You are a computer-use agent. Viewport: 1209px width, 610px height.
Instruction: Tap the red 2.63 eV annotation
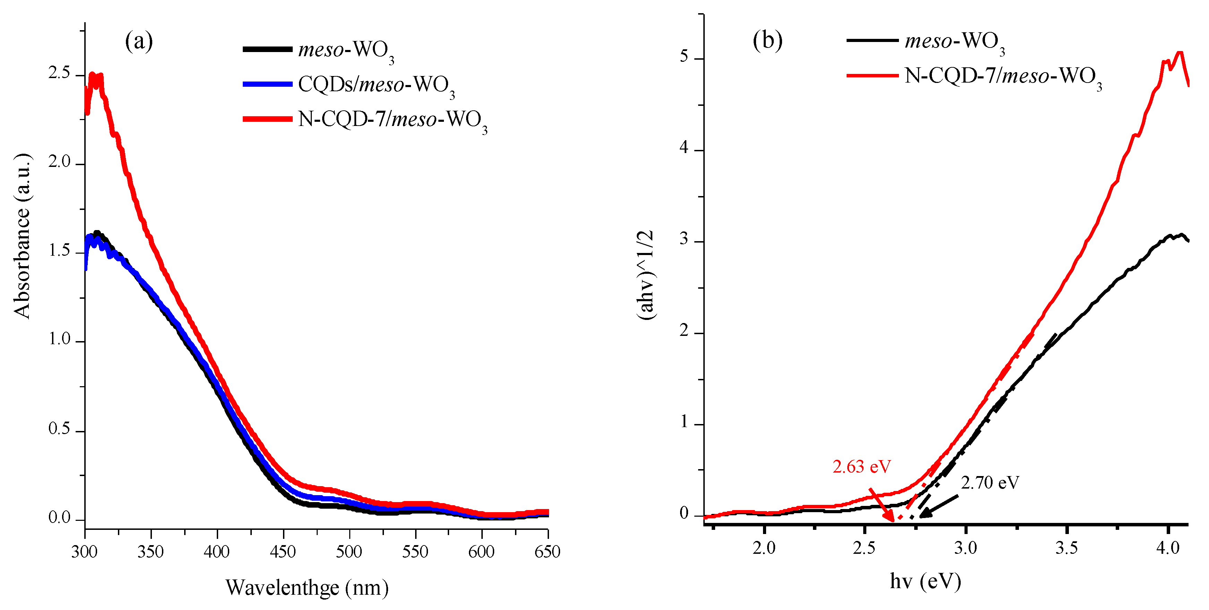click(862, 466)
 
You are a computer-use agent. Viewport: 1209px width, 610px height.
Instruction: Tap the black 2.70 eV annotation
click(990, 482)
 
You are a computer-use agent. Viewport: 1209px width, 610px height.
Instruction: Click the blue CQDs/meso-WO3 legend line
click(267, 84)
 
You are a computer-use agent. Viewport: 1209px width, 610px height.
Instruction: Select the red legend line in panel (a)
click(267, 119)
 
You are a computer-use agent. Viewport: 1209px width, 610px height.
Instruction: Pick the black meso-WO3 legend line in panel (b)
click(872, 40)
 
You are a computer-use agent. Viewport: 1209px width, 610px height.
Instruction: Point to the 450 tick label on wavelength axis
click(283, 551)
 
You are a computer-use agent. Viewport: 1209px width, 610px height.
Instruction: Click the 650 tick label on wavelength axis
click(547, 551)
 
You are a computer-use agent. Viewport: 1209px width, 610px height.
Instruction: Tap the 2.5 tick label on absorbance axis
click(59, 74)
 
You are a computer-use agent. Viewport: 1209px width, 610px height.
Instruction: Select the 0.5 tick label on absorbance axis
click(59, 429)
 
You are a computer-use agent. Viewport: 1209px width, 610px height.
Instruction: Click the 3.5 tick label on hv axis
click(1066, 548)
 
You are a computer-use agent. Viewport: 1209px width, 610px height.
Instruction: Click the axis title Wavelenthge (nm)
click(307, 587)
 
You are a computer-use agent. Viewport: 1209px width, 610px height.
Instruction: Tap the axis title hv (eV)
click(926, 581)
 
